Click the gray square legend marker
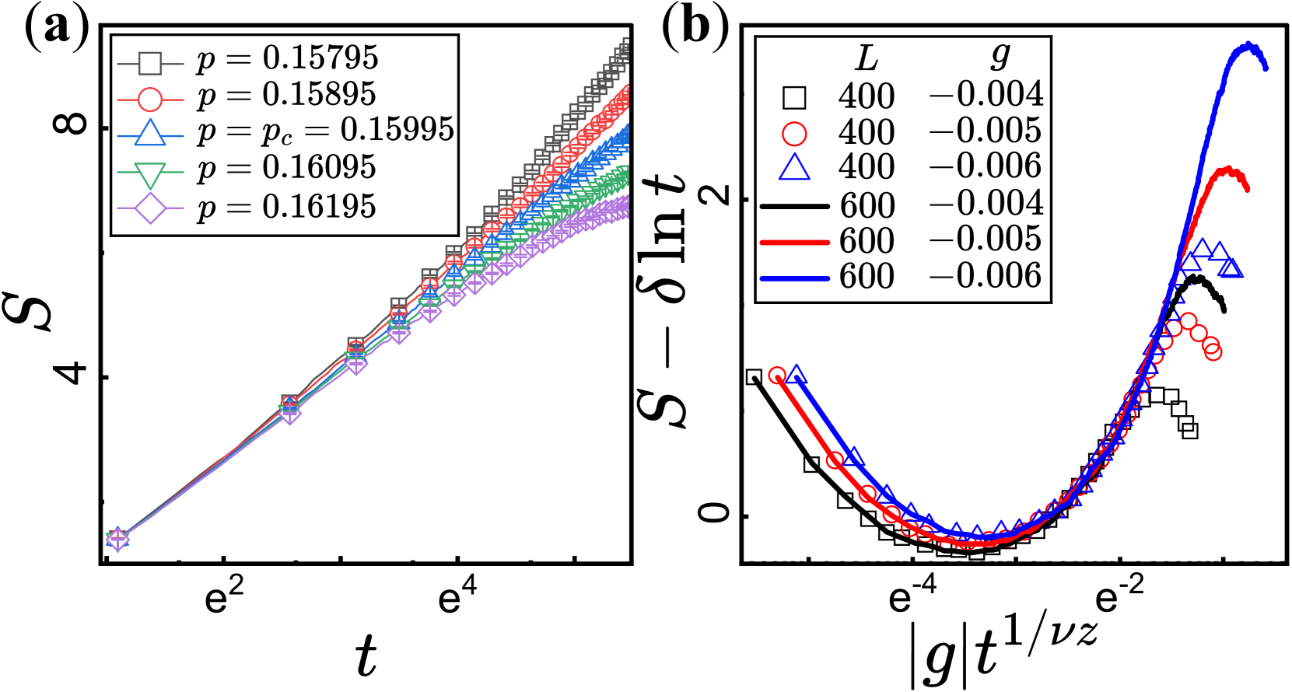[150, 64]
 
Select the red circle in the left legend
[150, 100]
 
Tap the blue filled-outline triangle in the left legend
[150, 134]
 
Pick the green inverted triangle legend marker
[150, 174]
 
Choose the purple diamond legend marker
[150, 208]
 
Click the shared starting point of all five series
[117, 538]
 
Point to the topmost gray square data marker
[626, 44]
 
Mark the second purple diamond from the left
[289, 413]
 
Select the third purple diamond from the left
[355, 363]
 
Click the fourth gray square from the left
[398, 304]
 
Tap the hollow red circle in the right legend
[794, 134]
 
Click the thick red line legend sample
[794, 243]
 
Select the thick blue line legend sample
[794, 278]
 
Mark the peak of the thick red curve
[1227, 170]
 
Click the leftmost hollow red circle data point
[777, 376]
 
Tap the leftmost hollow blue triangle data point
[796, 376]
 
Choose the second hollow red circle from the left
[835, 460]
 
